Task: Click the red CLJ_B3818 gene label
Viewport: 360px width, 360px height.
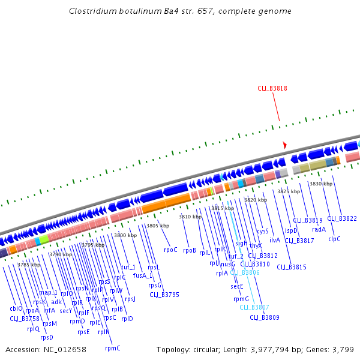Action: pyautogui.click(x=272, y=88)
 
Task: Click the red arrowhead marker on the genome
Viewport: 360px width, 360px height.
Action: pyautogui.click(x=285, y=145)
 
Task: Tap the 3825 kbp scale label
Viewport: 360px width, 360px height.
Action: pyautogui.click(x=288, y=191)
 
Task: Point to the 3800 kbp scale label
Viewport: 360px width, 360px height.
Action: pyautogui.click(x=125, y=235)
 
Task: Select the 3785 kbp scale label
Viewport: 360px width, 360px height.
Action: pyautogui.click(x=29, y=265)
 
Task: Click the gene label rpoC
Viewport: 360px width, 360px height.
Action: pyautogui.click(x=170, y=250)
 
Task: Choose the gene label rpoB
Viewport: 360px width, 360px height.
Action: pyautogui.click(x=190, y=250)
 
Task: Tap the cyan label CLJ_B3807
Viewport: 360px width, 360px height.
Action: pyautogui.click(x=254, y=307)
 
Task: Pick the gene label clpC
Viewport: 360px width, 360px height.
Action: pyautogui.click(x=334, y=239)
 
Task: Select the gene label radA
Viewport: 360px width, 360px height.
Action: pyautogui.click(x=319, y=229)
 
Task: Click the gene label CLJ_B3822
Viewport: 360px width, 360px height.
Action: pyautogui.click(x=342, y=218)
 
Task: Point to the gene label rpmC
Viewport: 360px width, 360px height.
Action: pyautogui.click(x=113, y=348)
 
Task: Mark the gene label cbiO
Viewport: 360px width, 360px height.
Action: pyautogui.click(x=16, y=308)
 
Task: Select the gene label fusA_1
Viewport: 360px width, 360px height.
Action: pyautogui.click(x=143, y=276)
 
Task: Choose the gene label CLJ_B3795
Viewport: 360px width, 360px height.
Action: pyautogui.click(x=164, y=294)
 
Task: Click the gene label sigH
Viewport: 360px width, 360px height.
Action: pyautogui.click(x=241, y=243)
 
